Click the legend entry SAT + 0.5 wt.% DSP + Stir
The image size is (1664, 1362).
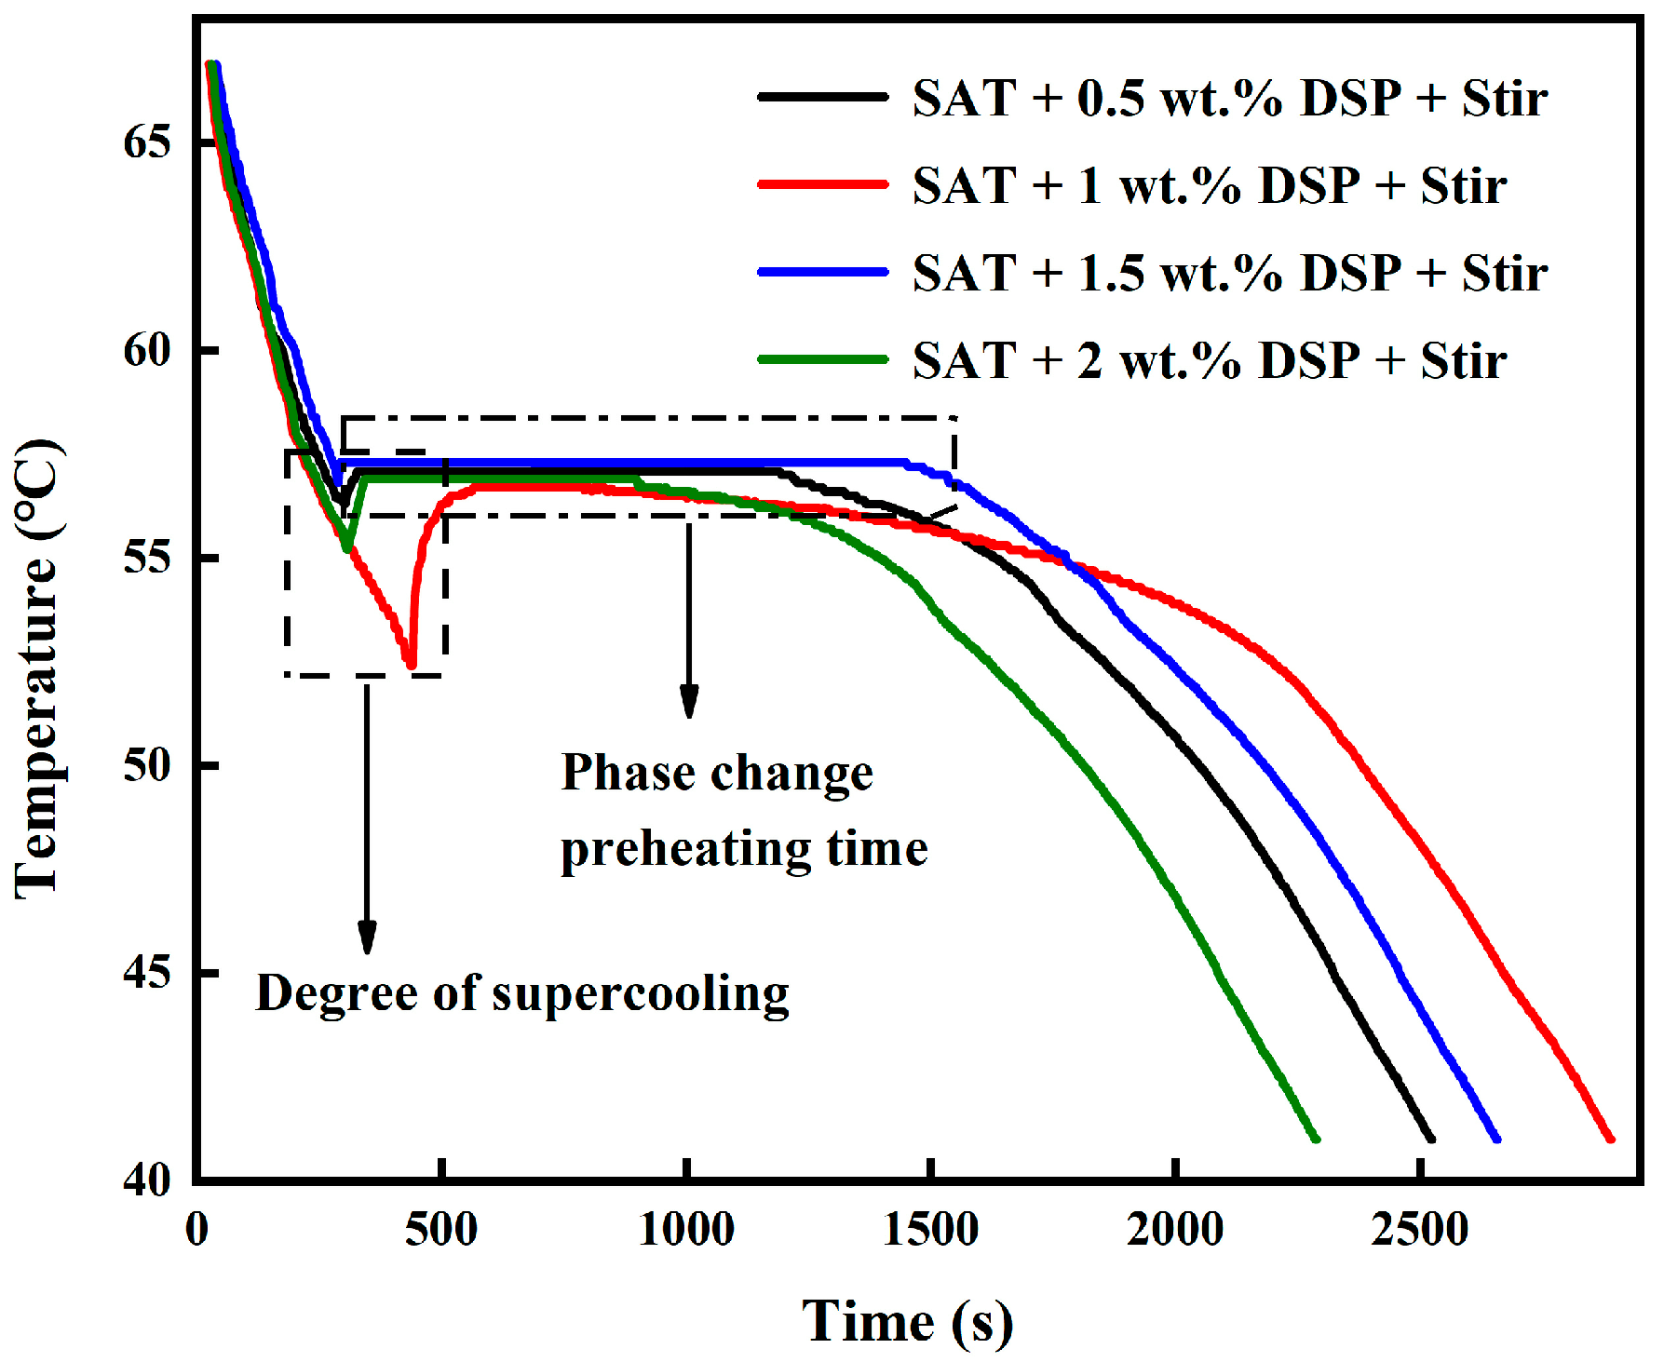[x=1229, y=98]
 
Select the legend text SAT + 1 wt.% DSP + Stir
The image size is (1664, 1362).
[x=1209, y=185]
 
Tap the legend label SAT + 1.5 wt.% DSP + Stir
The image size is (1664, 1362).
[x=1229, y=273]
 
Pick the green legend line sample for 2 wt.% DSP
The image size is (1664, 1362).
[x=823, y=359]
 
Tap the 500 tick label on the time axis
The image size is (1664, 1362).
[x=441, y=1230]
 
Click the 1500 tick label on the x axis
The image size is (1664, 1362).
[x=930, y=1230]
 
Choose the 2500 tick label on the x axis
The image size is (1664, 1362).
[x=1419, y=1230]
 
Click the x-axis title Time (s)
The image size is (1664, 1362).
[x=907, y=1321]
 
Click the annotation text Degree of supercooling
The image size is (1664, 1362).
[x=521, y=993]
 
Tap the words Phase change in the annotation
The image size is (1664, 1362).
[x=717, y=773]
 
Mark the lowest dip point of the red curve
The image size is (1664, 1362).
[x=411, y=665]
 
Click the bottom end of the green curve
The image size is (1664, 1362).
[x=1316, y=1138]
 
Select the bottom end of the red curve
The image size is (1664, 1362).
[x=1610, y=1138]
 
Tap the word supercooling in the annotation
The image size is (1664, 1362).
[x=641, y=993]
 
